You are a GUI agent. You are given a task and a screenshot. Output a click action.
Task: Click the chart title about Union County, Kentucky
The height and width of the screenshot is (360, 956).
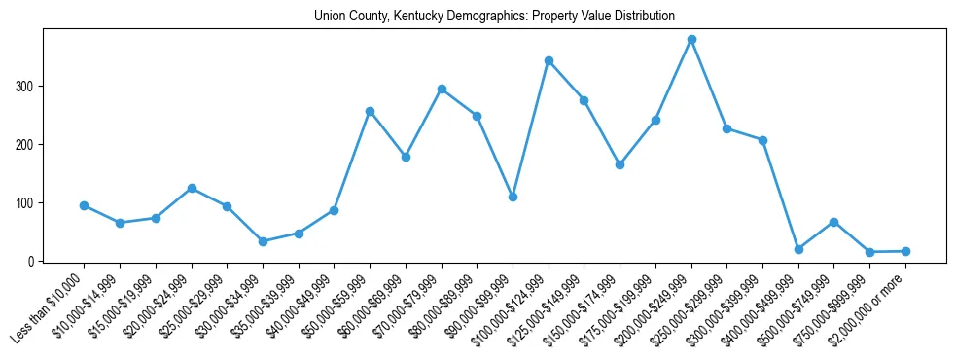pyautogui.click(x=494, y=17)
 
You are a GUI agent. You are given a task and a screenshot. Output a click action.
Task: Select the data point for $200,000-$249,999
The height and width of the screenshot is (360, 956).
pyautogui.click(x=691, y=40)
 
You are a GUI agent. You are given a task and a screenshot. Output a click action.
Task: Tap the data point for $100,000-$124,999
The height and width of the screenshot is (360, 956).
pyautogui.click(x=549, y=60)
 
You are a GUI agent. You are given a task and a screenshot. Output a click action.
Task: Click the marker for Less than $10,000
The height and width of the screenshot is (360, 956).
pyautogui.click(x=85, y=205)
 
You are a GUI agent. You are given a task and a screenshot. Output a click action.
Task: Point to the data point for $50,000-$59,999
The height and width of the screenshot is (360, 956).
pyautogui.click(x=370, y=111)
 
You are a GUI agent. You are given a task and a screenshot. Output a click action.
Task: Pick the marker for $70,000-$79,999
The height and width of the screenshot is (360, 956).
pyautogui.click(x=442, y=89)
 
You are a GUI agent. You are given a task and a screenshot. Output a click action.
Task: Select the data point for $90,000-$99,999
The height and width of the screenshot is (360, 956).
pyautogui.click(x=513, y=197)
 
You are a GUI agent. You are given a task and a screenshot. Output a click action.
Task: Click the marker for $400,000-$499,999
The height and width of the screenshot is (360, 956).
pyautogui.click(x=798, y=249)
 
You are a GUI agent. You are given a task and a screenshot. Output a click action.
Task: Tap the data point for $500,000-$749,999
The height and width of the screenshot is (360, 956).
pyautogui.click(x=833, y=222)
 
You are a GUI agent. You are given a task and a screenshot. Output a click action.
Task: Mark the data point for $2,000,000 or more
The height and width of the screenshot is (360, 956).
pyautogui.click(x=905, y=251)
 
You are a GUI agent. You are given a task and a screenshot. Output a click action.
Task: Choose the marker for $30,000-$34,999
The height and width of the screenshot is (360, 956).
pyautogui.click(x=263, y=241)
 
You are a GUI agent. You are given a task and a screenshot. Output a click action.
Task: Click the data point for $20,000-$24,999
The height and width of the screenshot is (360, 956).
pyautogui.click(x=192, y=188)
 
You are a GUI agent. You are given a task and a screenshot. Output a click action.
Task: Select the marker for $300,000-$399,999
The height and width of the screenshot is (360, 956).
pyautogui.click(x=762, y=140)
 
